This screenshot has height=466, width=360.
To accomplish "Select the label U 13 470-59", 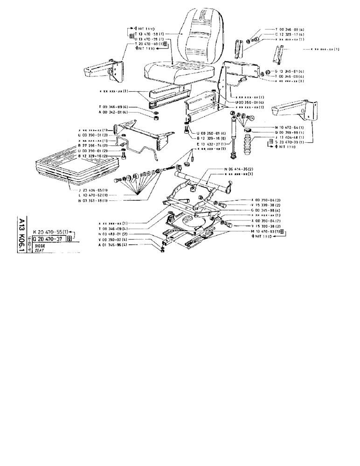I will pyautogui.click(x=149, y=39).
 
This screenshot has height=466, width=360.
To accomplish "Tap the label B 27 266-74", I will pyautogui.click(x=93, y=146).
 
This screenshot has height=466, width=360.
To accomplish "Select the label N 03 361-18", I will pyautogui.click(x=93, y=200).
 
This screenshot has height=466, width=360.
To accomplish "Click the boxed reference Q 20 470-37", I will pyautogui.click(x=49, y=238).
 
